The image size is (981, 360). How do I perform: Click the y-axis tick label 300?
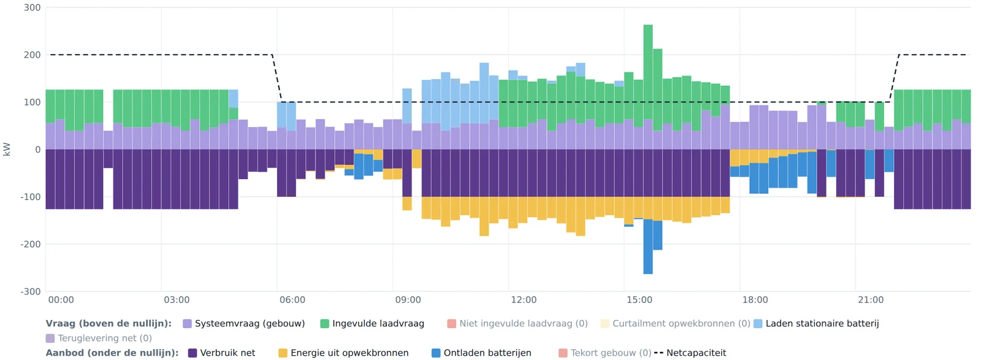[32, 8]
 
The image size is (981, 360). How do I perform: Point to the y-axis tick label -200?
[30, 244]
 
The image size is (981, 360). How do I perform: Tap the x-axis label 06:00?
[292, 300]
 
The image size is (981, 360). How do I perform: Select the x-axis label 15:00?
[639, 300]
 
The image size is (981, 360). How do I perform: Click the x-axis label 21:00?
[871, 300]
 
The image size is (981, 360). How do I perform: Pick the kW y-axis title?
[7, 150]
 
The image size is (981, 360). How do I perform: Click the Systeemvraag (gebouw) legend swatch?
[188, 324]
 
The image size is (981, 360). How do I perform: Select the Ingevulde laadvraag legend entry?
[372, 324]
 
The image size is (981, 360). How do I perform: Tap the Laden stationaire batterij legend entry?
[816, 324]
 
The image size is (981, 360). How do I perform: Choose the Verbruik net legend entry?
[221, 353]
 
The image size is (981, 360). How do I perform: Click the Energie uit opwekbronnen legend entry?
[343, 353]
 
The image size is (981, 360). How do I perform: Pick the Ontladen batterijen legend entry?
[481, 353]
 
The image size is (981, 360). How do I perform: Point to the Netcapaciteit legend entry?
[690, 353]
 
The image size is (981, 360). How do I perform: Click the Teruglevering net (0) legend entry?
[99, 338]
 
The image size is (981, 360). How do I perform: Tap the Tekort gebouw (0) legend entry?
[605, 353]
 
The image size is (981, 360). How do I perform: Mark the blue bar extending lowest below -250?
[648, 247]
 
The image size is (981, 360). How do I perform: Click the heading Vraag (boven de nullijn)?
[109, 324]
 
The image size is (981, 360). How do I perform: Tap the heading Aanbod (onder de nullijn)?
[112, 353]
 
